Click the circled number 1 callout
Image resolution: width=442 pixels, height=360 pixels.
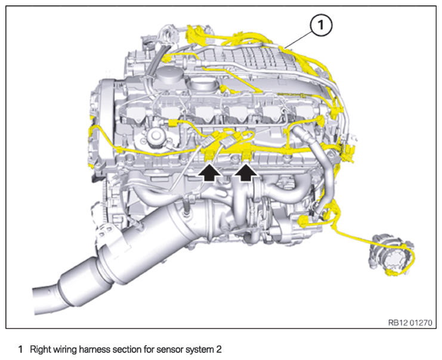click(x=321, y=25)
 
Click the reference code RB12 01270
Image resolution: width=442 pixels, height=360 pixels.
click(x=410, y=322)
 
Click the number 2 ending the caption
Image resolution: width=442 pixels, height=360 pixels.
click(x=219, y=349)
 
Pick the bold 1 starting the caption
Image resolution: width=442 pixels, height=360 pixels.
click(x=20, y=350)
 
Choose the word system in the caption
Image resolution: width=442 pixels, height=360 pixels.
click(x=200, y=350)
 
